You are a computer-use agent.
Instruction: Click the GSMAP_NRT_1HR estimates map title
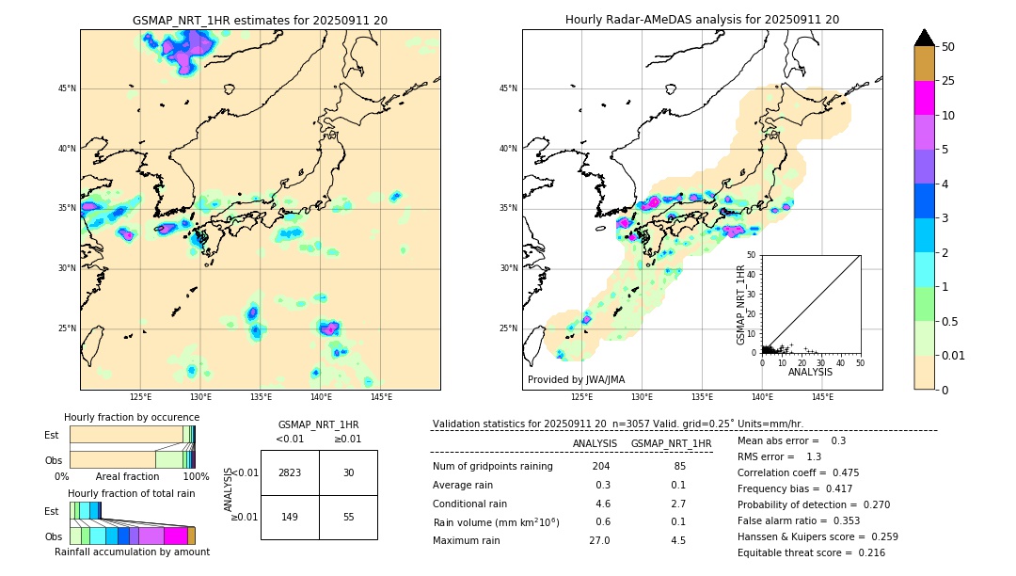pyautogui.click(x=260, y=20)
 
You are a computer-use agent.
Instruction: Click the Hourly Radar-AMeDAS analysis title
pyautogui.click(x=702, y=20)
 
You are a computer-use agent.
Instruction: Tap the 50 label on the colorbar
pyautogui.click(x=948, y=46)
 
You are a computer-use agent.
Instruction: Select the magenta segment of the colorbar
pyautogui.click(x=924, y=98)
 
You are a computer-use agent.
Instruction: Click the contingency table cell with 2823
pyautogui.click(x=290, y=472)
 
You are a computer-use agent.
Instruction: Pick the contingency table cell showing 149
pyautogui.click(x=290, y=517)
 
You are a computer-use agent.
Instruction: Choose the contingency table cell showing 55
pyautogui.click(x=348, y=517)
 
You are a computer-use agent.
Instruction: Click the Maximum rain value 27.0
pyautogui.click(x=599, y=540)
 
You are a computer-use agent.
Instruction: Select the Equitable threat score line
pyautogui.click(x=811, y=552)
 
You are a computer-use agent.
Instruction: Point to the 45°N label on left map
pyautogui.click(x=66, y=88)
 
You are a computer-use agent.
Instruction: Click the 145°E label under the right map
pyautogui.click(x=822, y=397)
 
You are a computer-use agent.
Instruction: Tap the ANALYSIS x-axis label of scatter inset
pyautogui.click(x=810, y=372)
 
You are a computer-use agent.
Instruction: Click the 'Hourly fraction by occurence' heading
pyautogui.click(x=132, y=417)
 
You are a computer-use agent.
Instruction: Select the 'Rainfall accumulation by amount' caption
pyautogui.click(x=132, y=552)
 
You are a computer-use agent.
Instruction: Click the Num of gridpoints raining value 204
pyautogui.click(x=600, y=467)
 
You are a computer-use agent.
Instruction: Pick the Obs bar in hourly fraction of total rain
pyautogui.click(x=132, y=536)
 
